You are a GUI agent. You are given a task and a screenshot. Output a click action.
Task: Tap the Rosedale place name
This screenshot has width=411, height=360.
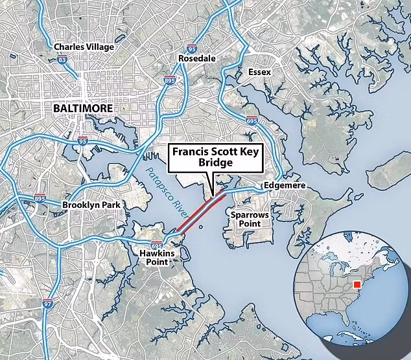[196, 59]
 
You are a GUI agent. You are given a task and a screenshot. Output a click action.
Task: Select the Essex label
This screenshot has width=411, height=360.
[259, 72]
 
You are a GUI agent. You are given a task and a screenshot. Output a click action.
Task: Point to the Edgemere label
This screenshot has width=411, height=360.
[283, 186]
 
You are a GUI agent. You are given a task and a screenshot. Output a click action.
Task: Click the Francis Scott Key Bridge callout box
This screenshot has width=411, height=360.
[216, 158]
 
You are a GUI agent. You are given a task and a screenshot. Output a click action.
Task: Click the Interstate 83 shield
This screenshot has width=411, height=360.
[62, 60]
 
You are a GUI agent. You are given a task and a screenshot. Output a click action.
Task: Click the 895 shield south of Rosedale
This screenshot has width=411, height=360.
[169, 80]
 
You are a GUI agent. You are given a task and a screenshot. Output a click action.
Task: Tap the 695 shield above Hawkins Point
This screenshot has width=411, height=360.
[156, 245]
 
